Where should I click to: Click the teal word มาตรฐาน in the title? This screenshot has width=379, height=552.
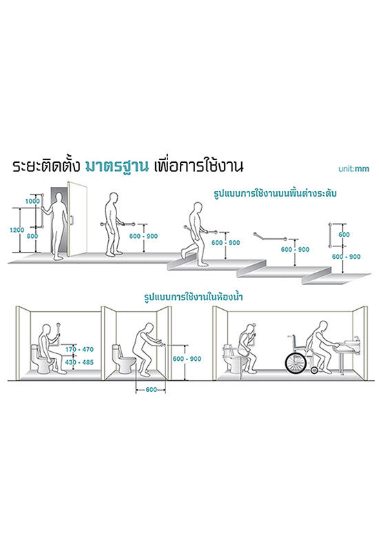coord(117,166)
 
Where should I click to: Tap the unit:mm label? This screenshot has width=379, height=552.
coord(354,168)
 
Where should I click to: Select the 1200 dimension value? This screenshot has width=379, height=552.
coord(17,230)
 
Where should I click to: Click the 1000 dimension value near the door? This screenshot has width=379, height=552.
coord(32,201)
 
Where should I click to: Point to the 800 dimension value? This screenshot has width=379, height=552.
coord(32,236)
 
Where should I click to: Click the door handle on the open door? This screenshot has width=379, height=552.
coord(72,220)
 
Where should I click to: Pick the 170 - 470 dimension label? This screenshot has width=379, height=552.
coord(79,349)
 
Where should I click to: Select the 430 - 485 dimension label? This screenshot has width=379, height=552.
coord(79,362)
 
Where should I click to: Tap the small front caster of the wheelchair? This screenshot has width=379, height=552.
coord(315,370)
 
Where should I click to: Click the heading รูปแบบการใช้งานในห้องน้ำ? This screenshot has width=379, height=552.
coord(194,297)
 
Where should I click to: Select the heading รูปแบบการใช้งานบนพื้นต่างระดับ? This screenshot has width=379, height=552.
coord(275,194)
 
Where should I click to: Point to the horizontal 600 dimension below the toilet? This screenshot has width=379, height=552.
coord(151,389)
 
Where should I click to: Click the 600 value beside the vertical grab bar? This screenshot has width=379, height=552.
coord(344,235)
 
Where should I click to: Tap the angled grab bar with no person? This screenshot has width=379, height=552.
coord(269,237)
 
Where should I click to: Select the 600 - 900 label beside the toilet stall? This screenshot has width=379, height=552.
coord(187,359)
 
